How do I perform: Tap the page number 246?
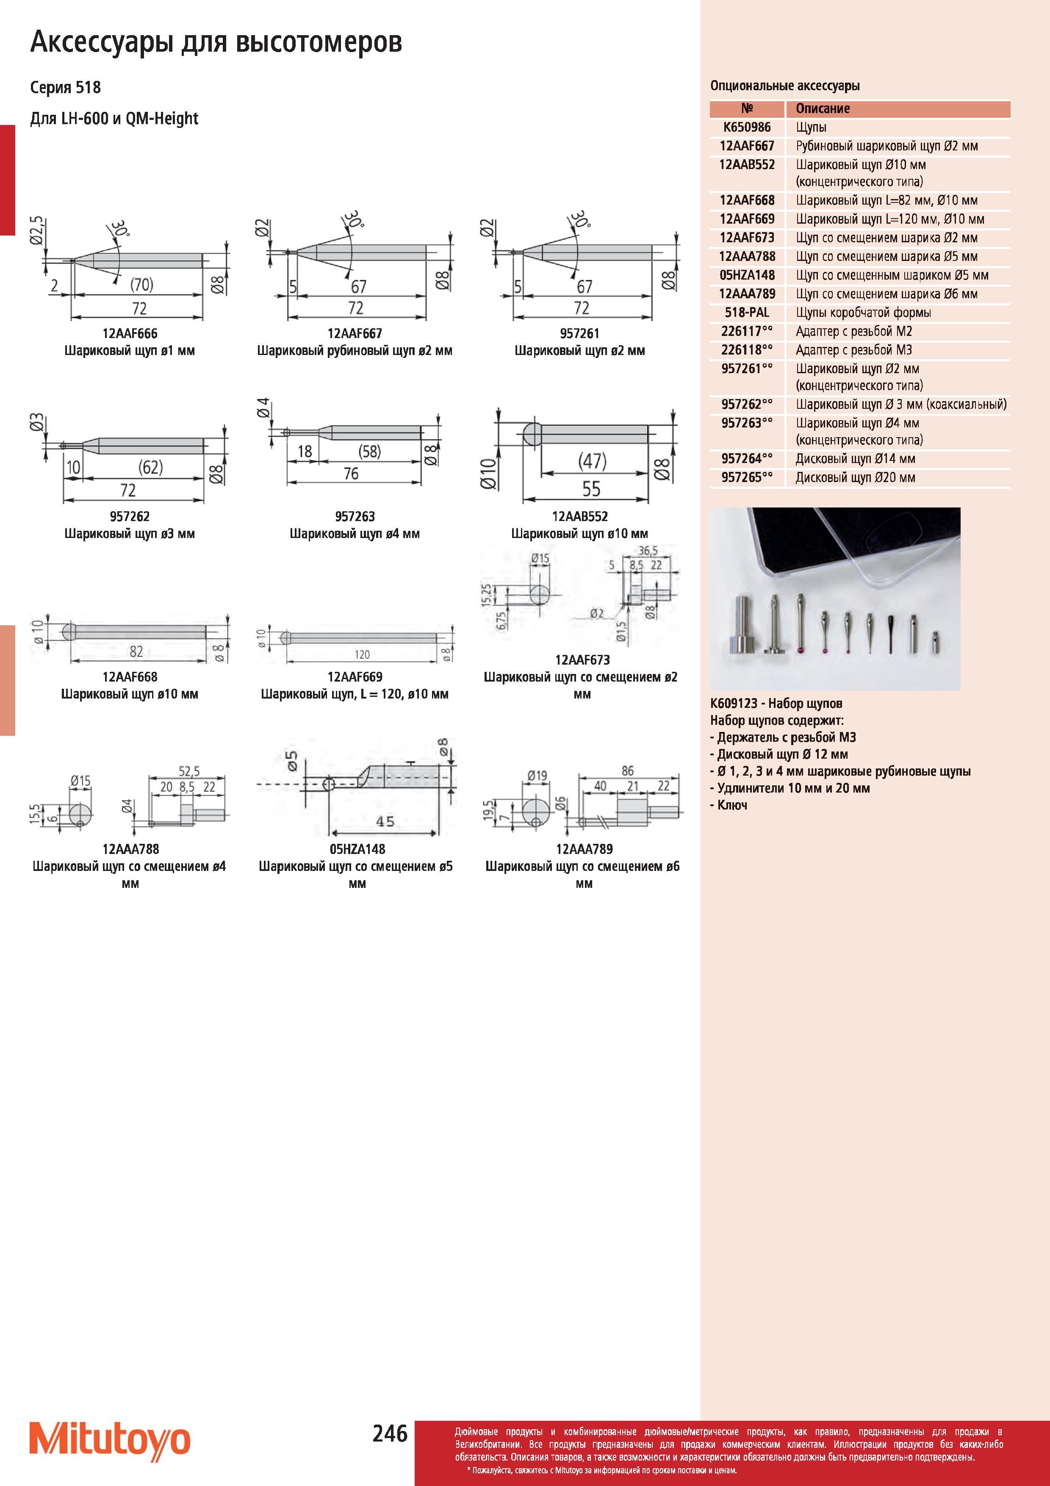[x=390, y=1433]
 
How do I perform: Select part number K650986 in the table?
[x=747, y=128]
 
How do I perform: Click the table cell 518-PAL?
[x=747, y=313]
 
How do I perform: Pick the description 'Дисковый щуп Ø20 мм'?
[x=855, y=478]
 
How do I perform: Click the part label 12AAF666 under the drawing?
[x=130, y=333]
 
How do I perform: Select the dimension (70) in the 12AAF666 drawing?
[x=142, y=285]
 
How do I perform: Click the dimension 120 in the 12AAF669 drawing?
[x=362, y=654]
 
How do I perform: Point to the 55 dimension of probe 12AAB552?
[x=591, y=489]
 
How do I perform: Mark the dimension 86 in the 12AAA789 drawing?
[x=628, y=771]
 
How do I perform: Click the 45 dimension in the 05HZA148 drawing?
[x=385, y=821]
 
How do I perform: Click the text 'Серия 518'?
[x=65, y=87]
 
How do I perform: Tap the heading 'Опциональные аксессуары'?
[x=785, y=86]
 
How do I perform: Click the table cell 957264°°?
[x=747, y=459]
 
